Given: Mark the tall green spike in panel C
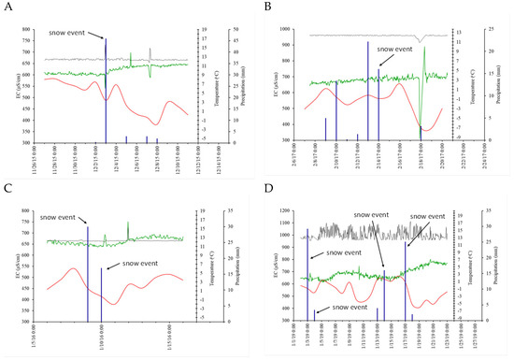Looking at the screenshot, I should (x=128, y=229).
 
